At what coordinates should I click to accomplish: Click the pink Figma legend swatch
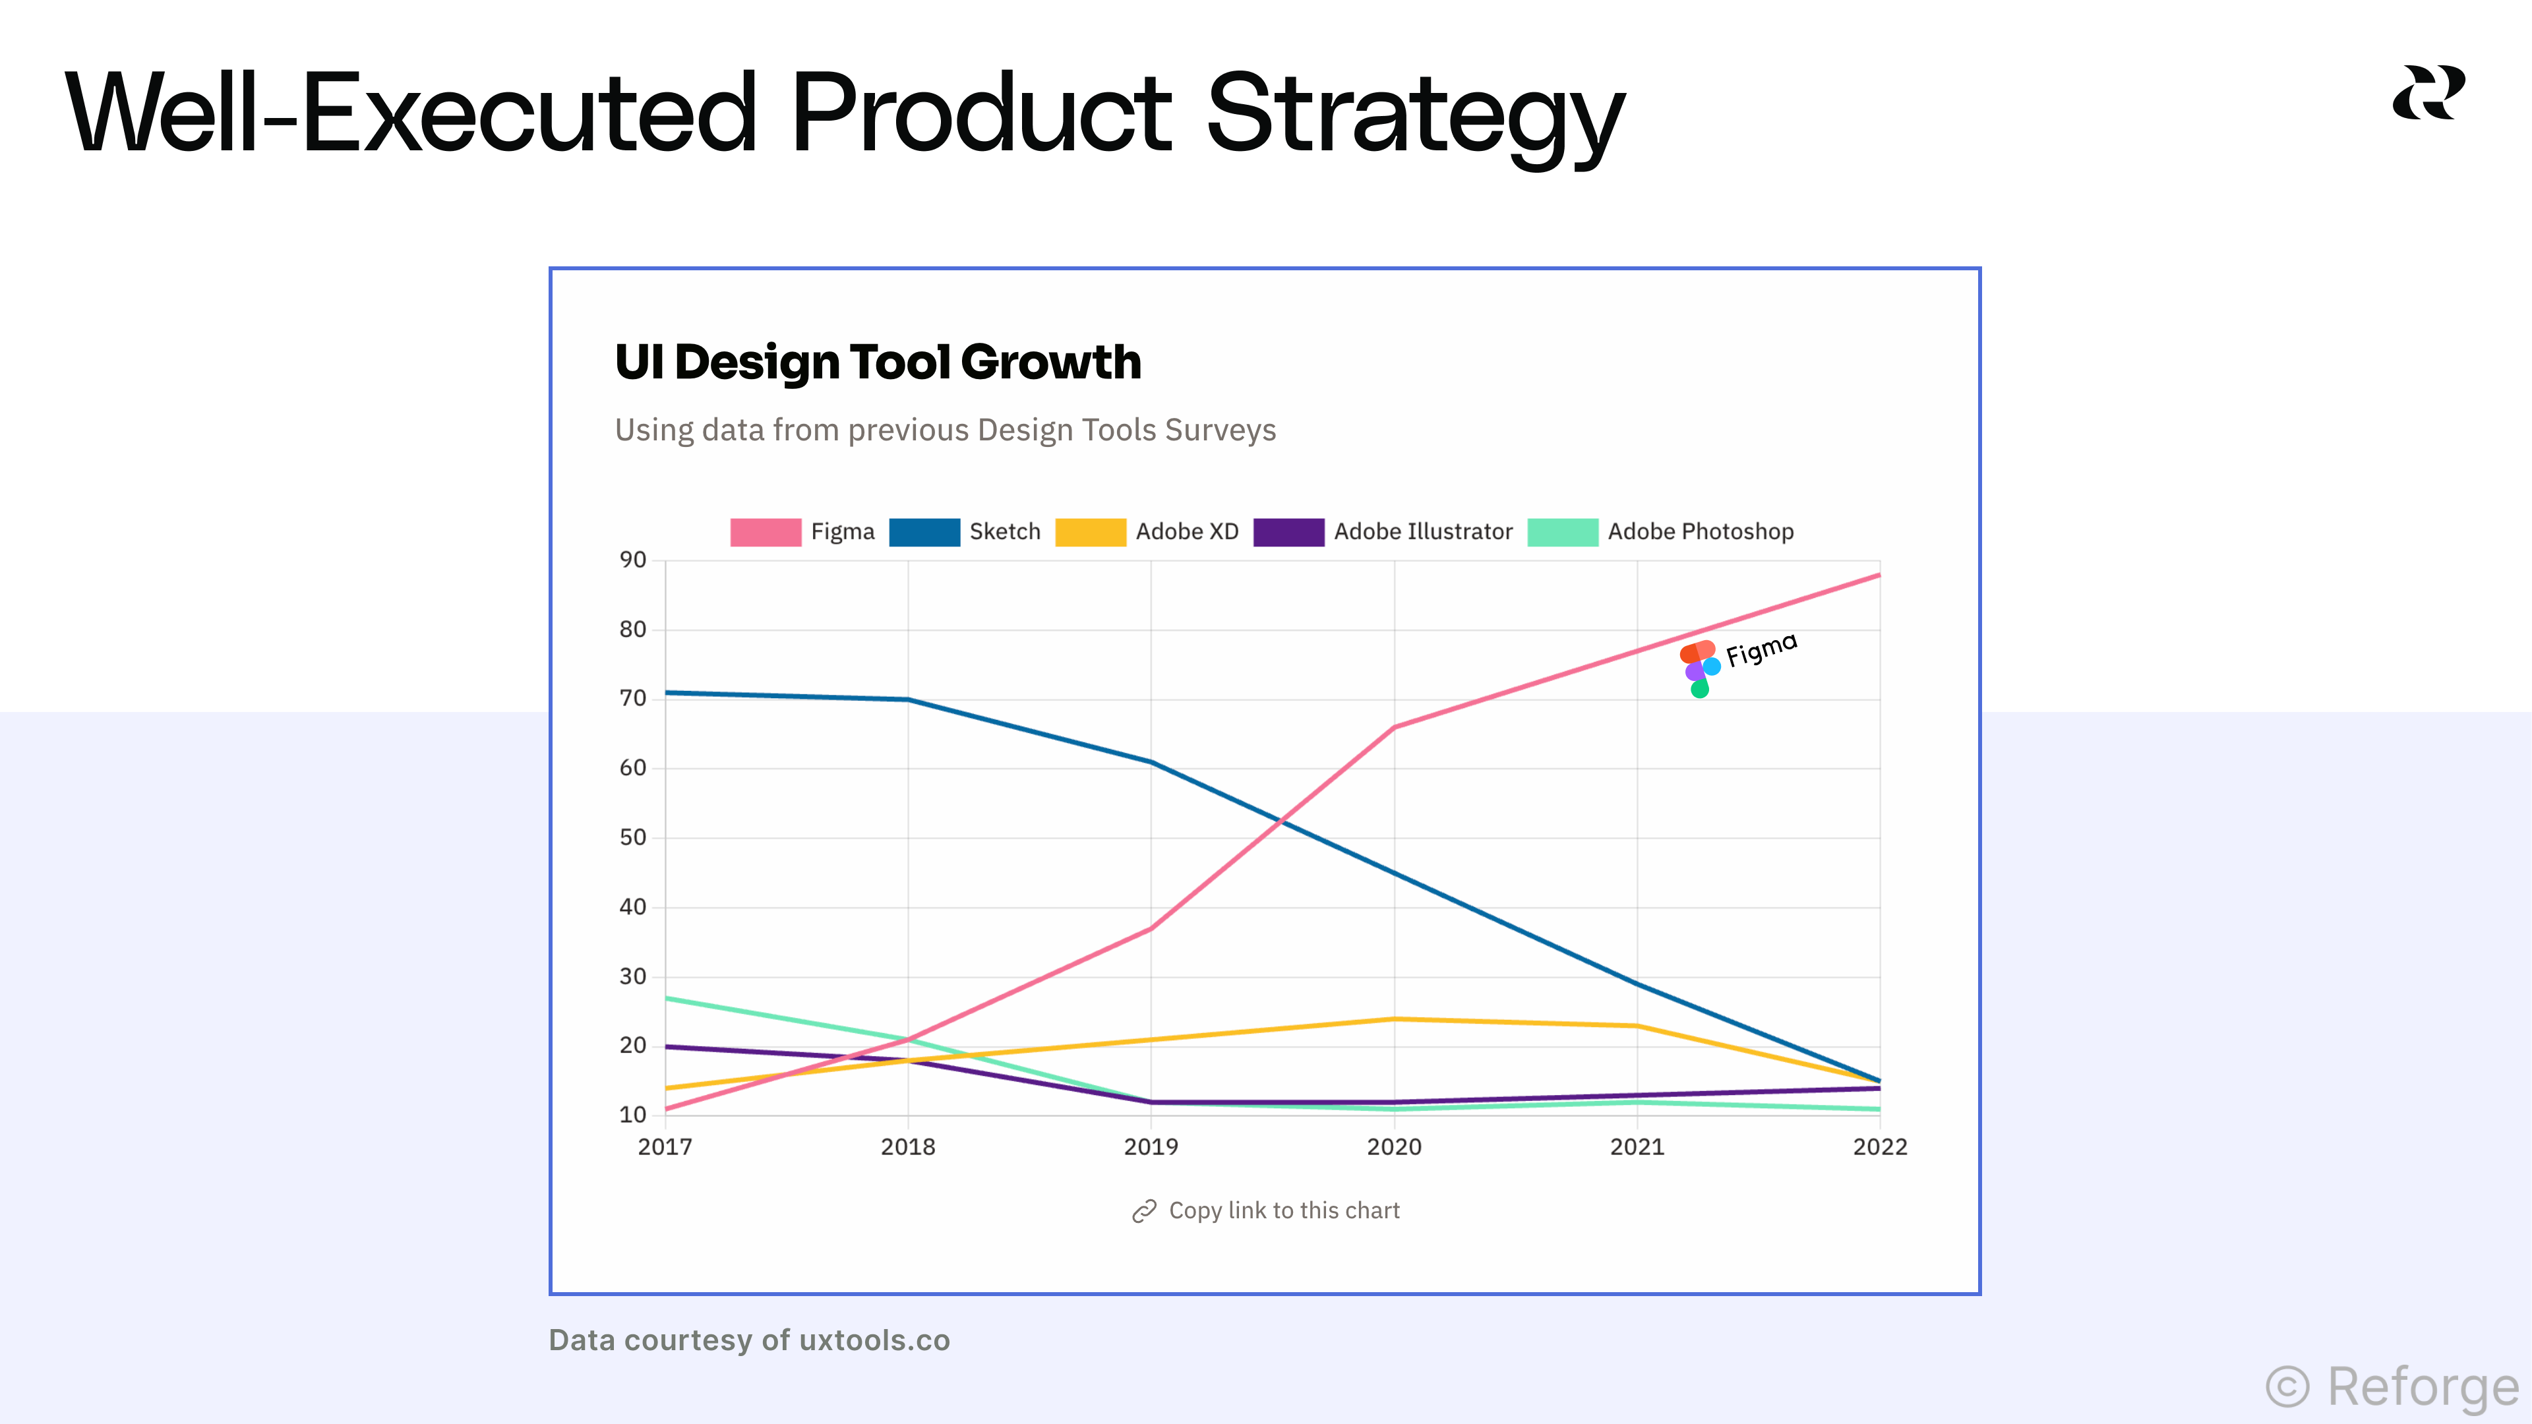pyautogui.click(x=765, y=531)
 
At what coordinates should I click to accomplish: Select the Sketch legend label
pyautogui.click(x=1004, y=531)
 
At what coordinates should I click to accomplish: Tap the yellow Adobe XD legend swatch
pyautogui.click(x=1089, y=531)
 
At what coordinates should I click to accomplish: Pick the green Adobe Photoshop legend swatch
pyautogui.click(x=1562, y=531)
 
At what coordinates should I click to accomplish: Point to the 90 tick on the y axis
pyautogui.click(x=632, y=560)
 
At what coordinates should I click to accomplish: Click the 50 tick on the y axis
pyautogui.click(x=632, y=837)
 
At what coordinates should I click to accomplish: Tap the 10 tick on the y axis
pyautogui.click(x=632, y=1114)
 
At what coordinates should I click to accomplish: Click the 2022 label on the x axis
pyautogui.click(x=1879, y=1147)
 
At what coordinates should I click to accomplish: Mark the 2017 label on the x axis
pyautogui.click(x=665, y=1147)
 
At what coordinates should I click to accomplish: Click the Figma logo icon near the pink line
pyautogui.click(x=1699, y=669)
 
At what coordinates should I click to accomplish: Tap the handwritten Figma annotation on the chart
pyautogui.click(x=1761, y=649)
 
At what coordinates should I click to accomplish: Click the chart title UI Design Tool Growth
pyautogui.click(x=877, y=362)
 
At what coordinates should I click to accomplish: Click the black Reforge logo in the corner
pyautogui.click(x=2428, y=94)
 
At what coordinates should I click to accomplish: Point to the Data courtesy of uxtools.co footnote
pyautogui.click(x=749, y=1340)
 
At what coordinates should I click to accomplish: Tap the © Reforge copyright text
pyautogui.click(x=2392, y=1386)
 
